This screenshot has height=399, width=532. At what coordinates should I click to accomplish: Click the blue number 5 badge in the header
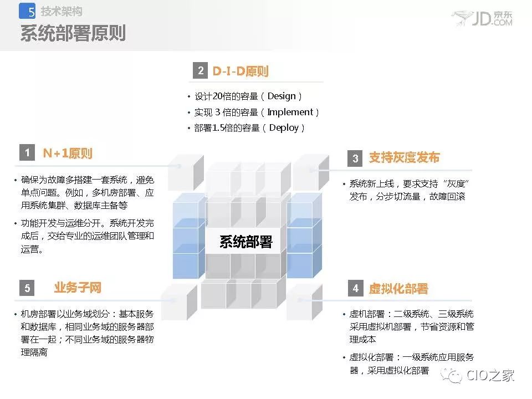pyautogui.click(x=27, y=11)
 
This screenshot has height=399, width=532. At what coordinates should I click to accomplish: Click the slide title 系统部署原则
pyautogui.click(x=73, y=33)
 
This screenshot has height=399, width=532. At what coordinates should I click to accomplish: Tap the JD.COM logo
pyautogui.click(x=482, y=18)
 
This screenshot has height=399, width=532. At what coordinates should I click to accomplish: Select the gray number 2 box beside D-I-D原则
pyautogui.click(x=200, y=70)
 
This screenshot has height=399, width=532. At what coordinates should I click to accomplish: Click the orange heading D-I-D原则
pyautogui.click(x=241, y=71)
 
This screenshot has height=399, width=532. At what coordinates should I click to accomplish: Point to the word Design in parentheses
pyautogui.click(x=282, y=96)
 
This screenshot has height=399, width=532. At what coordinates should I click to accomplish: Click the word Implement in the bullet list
pyautogui.click(x=290, y=112)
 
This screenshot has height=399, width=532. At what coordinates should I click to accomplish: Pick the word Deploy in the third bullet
pyautogui.click(x=284, y=128)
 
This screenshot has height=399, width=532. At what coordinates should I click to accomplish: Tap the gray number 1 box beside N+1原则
pyautogui.click(x=27, y=153)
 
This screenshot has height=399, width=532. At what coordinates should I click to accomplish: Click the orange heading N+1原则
pyautogui.click(x=68, y=154)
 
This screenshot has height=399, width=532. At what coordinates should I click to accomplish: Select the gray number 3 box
pyautogui.click(x=355, y=158)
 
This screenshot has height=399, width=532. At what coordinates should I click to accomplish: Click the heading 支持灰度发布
pyautogui.click(x=404, y=157)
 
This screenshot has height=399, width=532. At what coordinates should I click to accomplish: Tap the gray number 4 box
pyautogui.click(x=356, y=288)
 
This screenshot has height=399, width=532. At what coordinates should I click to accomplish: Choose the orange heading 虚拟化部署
pyautogui.click(x=398, y=289)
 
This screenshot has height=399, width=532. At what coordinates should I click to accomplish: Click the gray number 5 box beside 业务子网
pyautogui.click(x=27, y=288)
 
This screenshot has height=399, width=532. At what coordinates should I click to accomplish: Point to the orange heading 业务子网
pyautogui.click(x=78, y=288)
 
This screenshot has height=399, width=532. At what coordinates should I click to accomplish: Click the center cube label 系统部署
pyautogui.click(x=246, y=242)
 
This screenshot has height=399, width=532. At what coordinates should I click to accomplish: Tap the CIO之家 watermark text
pyautogui.click(x=490, y=375)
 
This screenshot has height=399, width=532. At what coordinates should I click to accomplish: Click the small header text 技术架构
pyautogui.click(x=62, y=11)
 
